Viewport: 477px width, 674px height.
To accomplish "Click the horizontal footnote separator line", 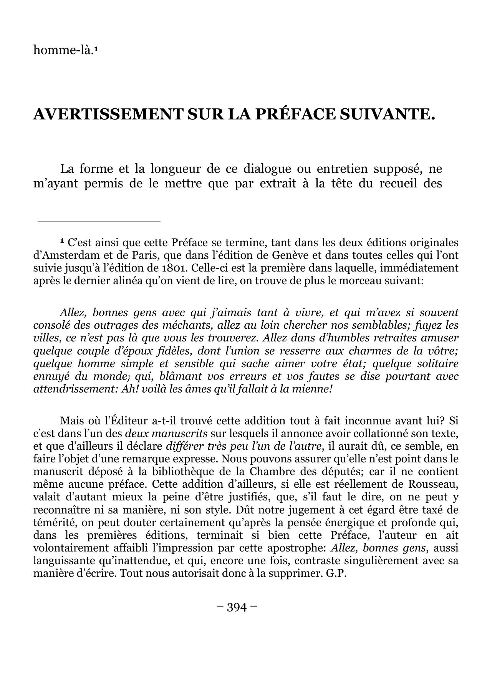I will [99, 221].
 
